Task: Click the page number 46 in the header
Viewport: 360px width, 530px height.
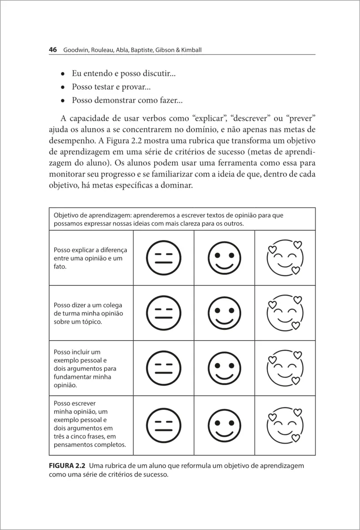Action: [53, 50]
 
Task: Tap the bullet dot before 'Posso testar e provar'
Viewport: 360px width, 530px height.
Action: [63, 87]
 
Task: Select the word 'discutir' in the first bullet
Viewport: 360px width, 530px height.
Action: [160, 74]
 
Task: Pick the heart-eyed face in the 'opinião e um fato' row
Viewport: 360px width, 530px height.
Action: [285, 257]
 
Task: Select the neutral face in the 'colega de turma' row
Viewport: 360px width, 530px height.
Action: [163, 313]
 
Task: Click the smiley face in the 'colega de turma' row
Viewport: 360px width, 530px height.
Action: [224, 313]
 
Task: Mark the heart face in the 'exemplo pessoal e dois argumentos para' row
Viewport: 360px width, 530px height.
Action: [285, 368]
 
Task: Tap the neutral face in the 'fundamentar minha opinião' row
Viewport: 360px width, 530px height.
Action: [163, 368]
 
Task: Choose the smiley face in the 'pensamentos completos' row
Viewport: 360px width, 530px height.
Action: [224, 425]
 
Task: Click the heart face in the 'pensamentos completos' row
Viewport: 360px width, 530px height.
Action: [285, 424]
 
